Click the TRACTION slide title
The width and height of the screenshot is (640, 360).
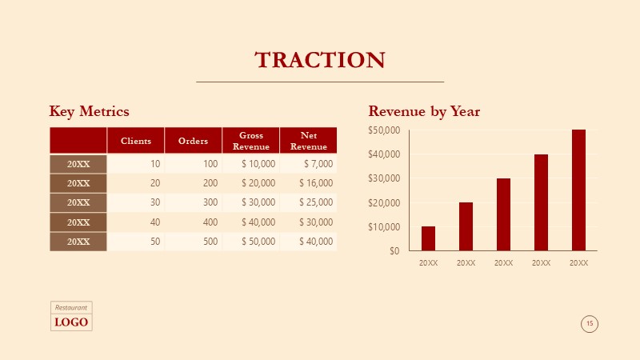tap(320, 60)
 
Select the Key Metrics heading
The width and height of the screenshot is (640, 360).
tap(89, 111)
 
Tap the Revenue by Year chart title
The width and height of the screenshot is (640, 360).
tap(424, 111)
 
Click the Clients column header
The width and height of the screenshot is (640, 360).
tap(136, 141)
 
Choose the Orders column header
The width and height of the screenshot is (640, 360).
tap(193, 141)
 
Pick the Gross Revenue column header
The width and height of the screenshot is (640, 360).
tap(251, 141)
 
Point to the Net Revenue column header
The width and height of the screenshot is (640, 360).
tap(309, 141)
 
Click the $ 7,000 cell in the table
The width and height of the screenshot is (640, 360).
tap(318, 164)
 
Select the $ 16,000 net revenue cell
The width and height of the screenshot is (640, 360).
tap(316, 183)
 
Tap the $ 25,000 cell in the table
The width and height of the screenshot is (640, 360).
tap(316, 202)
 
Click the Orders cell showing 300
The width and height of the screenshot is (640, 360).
tap(210, 202)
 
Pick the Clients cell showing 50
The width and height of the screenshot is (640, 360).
tap(155, 242)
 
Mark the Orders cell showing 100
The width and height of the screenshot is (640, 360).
tap(210, 164)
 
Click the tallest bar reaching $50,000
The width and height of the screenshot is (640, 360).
tap(578, 190)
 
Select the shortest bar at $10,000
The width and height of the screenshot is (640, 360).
tap(428, 238)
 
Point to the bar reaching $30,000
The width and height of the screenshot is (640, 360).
tap(504, 214)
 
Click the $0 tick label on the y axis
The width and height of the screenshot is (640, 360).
tap(394, 251)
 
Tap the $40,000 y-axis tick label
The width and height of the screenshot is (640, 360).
tap(384, 154)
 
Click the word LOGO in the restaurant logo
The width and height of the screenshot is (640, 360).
tap(71, 322)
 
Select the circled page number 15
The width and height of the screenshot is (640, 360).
tap(590, 324)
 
